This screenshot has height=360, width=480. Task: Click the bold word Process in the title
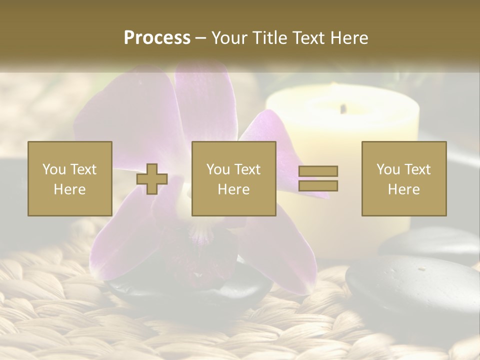pyautogui.click(x=157, y=38)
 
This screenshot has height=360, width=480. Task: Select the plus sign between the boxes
pyautogui.click(x=152, y=178)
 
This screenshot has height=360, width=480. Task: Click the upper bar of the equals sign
pyautogui.click(x=318, y=171)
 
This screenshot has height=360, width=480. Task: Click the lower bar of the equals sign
pyautogui.click(x=318, y=185)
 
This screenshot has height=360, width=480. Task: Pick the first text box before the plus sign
pyautogui.click(x=69, y=178)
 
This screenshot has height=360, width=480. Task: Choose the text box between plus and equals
pyautogui.click(x=233, y=178)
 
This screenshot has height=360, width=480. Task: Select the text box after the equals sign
pyautogui.click(x=403, y=178)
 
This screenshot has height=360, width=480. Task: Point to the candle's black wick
pyautogui.click(x=343, y=108)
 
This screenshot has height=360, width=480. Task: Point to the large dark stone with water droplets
pyautogui.click(x=410, y=285)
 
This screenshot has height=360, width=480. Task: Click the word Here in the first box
pyautogui.click(x=69, y=189)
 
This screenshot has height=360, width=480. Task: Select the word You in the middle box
pyautogui.click(x=218, y=169)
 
